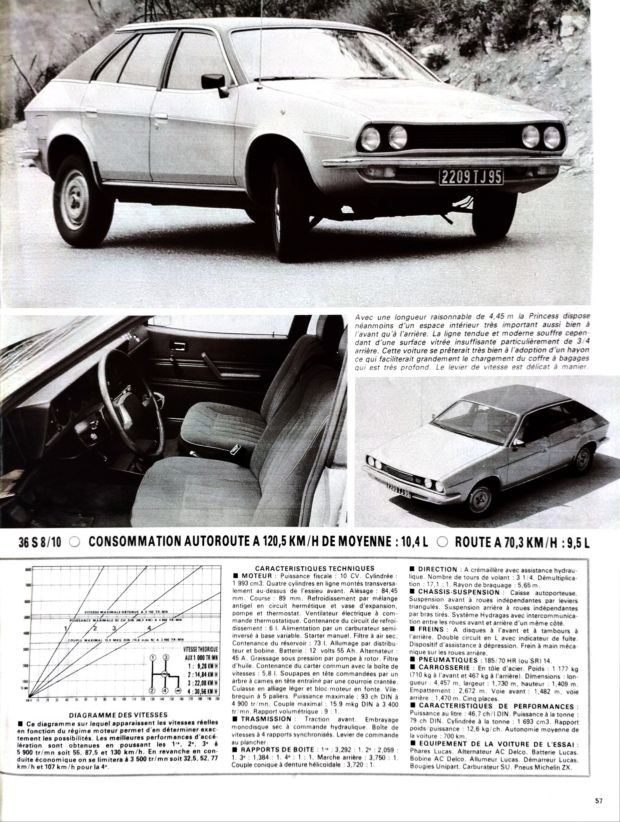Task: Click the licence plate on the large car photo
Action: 471,177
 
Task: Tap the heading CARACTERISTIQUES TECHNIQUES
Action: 315,568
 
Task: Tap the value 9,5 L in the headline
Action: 575,543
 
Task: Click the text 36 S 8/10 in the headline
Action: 40,543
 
